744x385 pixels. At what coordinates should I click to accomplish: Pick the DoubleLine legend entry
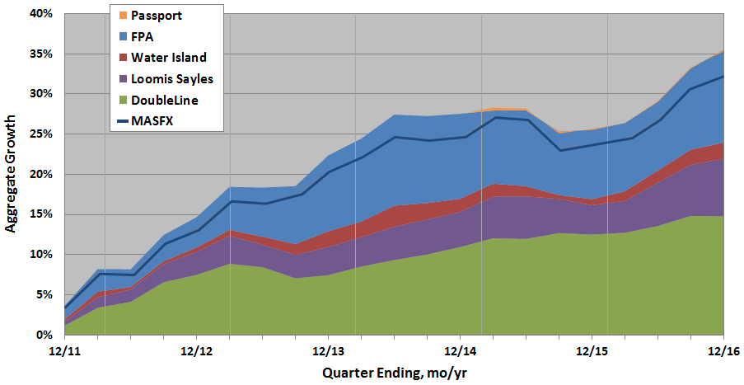[164, 101]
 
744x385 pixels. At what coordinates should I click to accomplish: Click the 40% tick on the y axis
[41, 14]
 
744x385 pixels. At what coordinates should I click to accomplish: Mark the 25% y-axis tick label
[41, 134]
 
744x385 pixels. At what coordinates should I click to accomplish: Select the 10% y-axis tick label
[41, 255]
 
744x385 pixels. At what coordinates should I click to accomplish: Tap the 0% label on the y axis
[44, 335]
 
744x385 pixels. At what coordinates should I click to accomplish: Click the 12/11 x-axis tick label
[64, 350]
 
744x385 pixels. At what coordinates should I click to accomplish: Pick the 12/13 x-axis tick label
[328, 350]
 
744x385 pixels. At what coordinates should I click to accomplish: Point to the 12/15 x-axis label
[592, 350]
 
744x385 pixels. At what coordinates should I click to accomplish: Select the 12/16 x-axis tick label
[723, 350]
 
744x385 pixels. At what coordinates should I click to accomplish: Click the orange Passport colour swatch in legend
[124, 16]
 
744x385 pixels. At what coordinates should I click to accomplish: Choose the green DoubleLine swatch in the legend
[124, 101]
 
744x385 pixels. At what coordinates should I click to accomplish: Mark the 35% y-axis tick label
[41, 54]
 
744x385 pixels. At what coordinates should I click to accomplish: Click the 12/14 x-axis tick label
[460, 350]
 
